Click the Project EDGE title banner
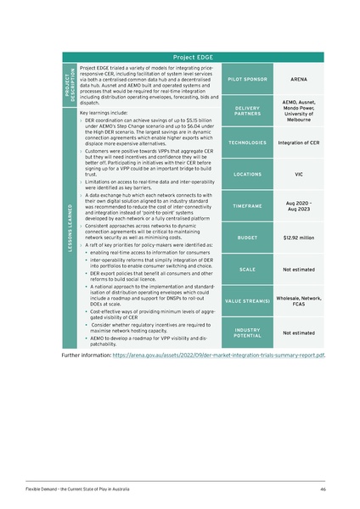point(193,57)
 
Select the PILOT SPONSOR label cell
point(245,80)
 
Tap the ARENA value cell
point(298,80)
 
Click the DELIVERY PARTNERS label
point(245,111)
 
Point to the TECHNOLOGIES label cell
point(245,143)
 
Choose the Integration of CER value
point(298,143)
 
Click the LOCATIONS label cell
point(245,175)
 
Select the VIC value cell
point(298,175)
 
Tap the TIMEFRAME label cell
point(245,206)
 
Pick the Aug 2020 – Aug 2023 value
point(298,206)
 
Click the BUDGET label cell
point(245,238)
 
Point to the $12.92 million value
point(298,238)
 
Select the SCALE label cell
point(245,270)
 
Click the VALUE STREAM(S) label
point(245,301)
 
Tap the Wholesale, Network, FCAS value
point(298,301)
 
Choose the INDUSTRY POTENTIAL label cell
point(245,333)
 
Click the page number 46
point(323,490)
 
